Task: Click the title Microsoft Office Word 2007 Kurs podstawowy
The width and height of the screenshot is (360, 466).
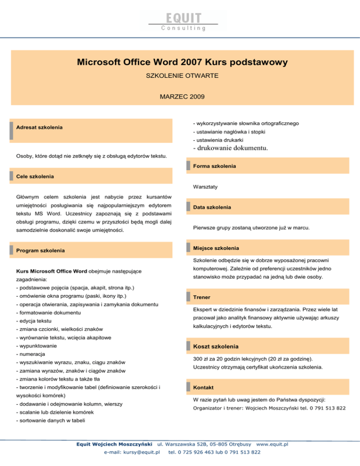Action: tap(182, 62)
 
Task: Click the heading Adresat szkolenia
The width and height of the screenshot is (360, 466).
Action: tap(40, 128)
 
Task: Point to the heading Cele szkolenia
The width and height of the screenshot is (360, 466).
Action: tap(35, 176)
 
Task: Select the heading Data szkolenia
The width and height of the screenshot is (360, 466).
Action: tap(212, 207)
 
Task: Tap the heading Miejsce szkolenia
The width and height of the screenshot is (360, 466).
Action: tap(216, 248)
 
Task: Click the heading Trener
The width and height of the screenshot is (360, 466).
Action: tap(201, 297)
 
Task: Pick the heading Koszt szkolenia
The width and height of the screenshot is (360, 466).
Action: tap(216, 346)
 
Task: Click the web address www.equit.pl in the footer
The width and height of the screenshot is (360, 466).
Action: tap(272, 444)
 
